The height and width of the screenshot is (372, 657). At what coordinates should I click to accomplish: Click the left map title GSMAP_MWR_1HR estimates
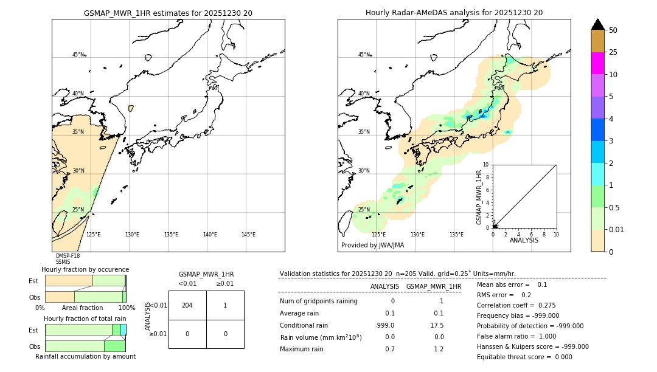[168, 12]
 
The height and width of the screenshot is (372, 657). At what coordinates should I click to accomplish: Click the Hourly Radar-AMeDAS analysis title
[454, 12]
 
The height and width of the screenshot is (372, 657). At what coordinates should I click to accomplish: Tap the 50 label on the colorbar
[613, 30]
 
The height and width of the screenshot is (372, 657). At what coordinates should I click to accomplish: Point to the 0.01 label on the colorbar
[617, 229]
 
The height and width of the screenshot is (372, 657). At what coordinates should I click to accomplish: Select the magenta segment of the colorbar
[598, 63]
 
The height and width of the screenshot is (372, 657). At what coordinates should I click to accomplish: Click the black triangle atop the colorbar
[598, 24]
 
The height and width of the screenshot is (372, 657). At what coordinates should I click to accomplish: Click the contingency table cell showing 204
[187, 305]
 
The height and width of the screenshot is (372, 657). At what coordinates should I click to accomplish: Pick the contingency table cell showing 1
[225, 305]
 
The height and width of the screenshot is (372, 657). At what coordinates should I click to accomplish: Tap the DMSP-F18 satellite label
[68, 256]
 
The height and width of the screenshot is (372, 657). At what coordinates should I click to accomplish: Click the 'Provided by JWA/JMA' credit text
[372, 245]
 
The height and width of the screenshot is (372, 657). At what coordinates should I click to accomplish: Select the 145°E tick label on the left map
[248, 235]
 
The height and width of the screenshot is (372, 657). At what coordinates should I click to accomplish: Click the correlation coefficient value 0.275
[546, 305]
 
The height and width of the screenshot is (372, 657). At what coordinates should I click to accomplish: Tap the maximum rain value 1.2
[439, 349]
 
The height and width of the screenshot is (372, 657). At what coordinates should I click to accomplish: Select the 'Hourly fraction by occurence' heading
[85, 269]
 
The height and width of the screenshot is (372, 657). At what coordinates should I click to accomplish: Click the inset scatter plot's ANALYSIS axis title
[524, 240]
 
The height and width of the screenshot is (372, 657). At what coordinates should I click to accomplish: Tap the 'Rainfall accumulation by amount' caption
[85, 356]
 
